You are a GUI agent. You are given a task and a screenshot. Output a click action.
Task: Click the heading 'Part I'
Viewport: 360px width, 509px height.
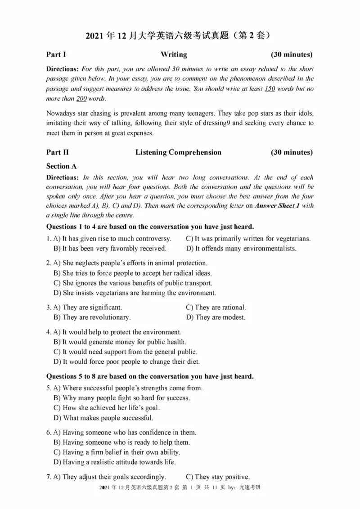coord(56,54)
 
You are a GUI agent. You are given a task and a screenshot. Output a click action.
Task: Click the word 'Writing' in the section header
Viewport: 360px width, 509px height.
coord(174,54)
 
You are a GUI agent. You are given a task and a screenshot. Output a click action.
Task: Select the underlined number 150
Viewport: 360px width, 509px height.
coord(270,89)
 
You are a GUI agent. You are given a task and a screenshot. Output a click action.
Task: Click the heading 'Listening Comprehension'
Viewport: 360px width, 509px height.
coord(178,152)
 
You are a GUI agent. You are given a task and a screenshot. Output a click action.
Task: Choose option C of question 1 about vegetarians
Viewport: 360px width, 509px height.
coord(248,239)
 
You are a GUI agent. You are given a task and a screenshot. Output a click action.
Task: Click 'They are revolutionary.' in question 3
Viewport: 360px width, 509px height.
coord(92,317)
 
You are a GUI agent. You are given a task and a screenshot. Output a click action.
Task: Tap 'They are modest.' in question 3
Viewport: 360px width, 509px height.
coord(216,317)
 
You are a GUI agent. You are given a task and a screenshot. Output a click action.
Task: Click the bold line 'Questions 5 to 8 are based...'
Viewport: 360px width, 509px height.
coord(150,376)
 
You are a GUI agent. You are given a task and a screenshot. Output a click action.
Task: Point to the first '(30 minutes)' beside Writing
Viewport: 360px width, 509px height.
coord(292,54)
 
